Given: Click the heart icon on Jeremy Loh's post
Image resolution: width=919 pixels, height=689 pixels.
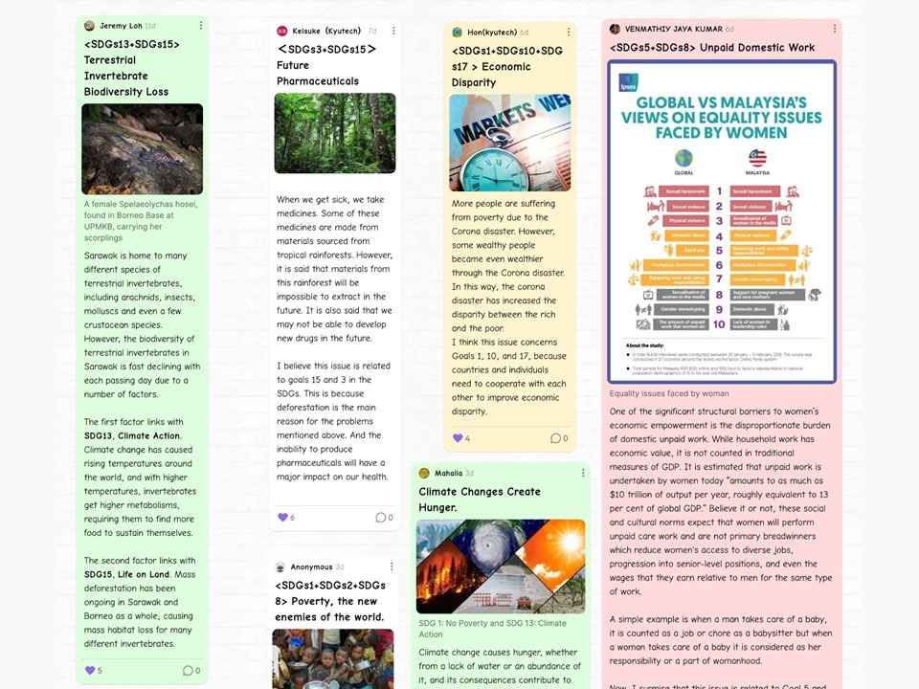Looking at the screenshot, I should tap(91, 670).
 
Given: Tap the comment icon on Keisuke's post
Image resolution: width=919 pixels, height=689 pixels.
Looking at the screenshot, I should tap(379, 518).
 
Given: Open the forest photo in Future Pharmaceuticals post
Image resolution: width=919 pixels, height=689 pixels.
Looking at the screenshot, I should tap(335, 133).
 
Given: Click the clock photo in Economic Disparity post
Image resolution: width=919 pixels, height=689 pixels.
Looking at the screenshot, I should tap(509, 143).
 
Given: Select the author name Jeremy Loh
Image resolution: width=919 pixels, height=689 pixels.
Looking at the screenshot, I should tap(120, 26).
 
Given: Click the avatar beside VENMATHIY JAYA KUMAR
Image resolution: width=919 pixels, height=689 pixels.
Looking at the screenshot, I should tap(615, 29).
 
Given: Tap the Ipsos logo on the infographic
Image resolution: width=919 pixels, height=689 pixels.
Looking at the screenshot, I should tap(628, 82).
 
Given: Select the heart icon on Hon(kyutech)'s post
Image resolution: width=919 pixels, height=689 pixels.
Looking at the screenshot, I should tap(458, 438).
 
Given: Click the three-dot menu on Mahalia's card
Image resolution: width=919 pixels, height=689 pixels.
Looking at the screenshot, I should tap(583, 473).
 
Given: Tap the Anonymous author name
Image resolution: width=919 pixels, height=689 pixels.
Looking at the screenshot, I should tap(311, 567).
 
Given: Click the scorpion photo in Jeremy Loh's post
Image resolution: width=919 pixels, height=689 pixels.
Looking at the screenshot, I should tap(142, 149).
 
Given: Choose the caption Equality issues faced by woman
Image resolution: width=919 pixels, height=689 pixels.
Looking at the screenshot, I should tap(669, 393).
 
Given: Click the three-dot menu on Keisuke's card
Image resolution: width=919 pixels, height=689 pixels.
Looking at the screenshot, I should tap(393, 31).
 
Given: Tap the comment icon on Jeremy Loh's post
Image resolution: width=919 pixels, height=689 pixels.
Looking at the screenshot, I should tap(188, 670).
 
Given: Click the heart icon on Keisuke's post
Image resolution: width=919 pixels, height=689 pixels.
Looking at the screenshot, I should tap(282, 518).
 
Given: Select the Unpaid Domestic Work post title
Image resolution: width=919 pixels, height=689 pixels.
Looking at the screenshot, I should tap(712, 47).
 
